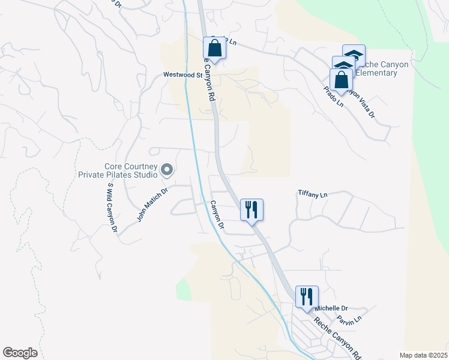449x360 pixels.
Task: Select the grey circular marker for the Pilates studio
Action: tap(167, 171)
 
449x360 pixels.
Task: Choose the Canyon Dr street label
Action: tap(216, 216)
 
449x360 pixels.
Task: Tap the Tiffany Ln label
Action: tap(313, 194)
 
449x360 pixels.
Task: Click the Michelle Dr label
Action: tap(331, 308)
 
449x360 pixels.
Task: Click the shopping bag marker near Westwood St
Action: tap(214, 49)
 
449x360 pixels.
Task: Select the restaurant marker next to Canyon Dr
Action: tap(251, 209)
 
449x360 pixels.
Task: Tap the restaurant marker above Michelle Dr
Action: tap(306, 296)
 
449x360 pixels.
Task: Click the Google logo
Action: tap(21, 353)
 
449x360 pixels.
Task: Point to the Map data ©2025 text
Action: tap(423, 355)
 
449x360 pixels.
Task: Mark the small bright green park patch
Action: tap(183, 290)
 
